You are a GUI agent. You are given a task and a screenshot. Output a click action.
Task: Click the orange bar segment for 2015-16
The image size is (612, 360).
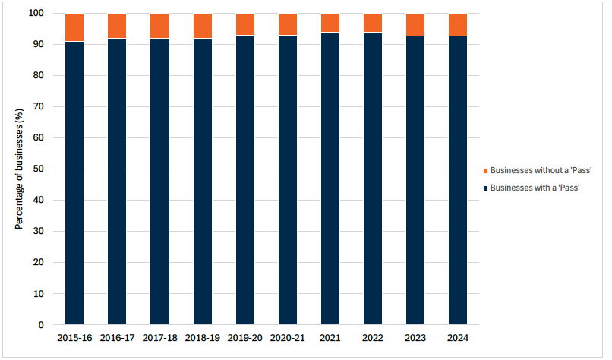click(x=74, y=27)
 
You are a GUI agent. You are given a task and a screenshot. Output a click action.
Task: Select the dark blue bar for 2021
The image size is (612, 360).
click(x=330, y=178)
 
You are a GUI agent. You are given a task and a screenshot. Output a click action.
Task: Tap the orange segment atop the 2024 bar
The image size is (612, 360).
click(x=458, y=24)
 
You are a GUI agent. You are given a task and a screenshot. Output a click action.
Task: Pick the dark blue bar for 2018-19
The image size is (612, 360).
click(x=203, y=182)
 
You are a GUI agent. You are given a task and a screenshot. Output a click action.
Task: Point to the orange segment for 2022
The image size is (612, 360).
click(x=373, y=23)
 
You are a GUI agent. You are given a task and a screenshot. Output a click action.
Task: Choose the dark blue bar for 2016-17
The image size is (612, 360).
click(x=117, y=182)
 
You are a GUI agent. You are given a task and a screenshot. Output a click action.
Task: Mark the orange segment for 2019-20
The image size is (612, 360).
click(x=245, y=24)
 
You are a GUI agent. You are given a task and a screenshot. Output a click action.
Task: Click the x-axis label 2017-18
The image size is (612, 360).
click(x=159, y=337)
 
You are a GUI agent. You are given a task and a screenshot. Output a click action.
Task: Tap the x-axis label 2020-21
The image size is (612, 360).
click(x=288, y=337)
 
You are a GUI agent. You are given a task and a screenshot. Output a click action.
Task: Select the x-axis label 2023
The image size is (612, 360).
click(x=415, y=337)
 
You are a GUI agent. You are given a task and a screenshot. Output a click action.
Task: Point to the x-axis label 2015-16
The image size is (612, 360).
click(x=74, y=337)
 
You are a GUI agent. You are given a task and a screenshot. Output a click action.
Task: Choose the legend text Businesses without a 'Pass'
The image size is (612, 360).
click(x=541, y=170)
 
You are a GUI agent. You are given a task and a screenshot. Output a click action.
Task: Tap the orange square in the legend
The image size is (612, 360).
click(x=485, y=171)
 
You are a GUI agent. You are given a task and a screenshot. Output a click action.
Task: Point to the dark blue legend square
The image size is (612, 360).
click(x=485, y=188)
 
